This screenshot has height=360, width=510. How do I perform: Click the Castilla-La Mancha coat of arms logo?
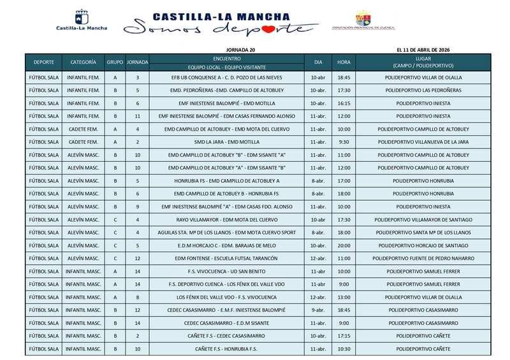click(82, 17)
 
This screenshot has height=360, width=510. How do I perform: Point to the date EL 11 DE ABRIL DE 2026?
click(423, 49)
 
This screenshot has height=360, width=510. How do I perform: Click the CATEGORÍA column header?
click(84, 62)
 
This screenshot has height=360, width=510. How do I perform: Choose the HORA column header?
click(344, 62)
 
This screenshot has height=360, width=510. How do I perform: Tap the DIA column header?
click(318, 62)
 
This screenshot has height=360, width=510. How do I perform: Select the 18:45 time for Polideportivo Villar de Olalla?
click(344, 77)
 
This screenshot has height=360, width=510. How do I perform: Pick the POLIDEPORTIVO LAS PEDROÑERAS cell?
click(423, 90)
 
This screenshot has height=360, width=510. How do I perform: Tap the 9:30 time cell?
click(344, 141)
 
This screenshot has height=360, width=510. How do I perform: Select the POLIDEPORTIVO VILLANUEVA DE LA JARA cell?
click(423, 141)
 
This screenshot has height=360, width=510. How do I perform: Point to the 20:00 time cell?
click(344, 245)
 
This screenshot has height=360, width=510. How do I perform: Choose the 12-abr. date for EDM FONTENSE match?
click(318, 258)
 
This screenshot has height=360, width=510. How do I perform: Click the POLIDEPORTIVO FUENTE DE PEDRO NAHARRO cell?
click(423, 258)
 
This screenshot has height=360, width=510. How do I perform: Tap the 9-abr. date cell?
click(318, 310)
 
